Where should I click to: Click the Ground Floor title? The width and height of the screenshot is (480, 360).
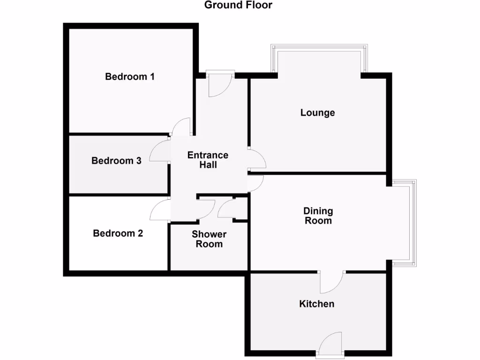(x=238, y=6)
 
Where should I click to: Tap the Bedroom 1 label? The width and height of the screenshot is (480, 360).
(x=130, y=76)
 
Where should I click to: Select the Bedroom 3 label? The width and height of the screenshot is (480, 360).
(x=116, y=161)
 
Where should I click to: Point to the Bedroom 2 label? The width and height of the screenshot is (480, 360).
(x=118, y=233)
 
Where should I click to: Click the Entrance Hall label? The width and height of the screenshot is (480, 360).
(x=208, y=160)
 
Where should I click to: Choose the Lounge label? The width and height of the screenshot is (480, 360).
(x=318, y=112)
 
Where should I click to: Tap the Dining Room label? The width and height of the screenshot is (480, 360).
(x=318, y=216)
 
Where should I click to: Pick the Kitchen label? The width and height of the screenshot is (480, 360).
(x=317, y=304)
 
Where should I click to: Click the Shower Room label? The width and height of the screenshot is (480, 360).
(x=209, y=239)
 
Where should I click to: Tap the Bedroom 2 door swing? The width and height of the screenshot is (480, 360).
(x=160, y=210)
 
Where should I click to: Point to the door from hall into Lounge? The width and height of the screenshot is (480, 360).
(x=257, y=159)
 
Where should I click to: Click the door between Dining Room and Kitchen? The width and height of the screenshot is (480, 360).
(x=332, y=281)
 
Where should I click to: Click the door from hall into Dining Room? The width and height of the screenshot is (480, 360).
(x=255, y=183)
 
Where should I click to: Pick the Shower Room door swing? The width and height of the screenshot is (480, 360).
(x=205, y=209)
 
